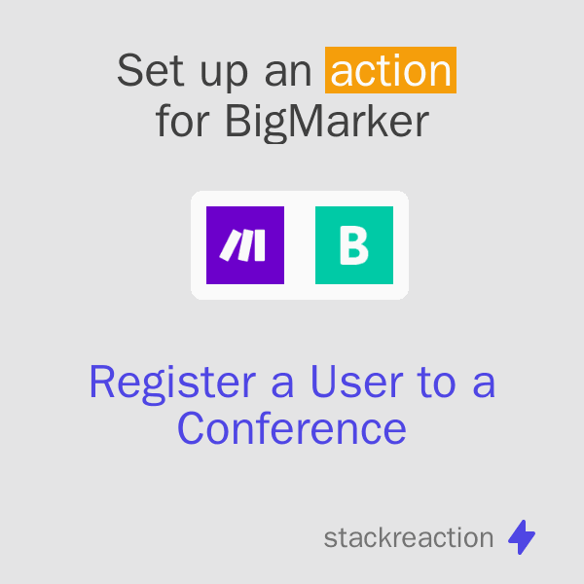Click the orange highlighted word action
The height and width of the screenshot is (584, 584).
click(391, 72)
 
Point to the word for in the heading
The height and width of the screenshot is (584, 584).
click(184, 122)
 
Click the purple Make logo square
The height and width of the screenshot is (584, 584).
click(245, 245)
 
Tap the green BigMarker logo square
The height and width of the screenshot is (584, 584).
click(354, 245)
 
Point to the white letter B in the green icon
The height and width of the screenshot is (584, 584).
click(354, 245)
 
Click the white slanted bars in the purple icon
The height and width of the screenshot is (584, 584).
click(243, 246)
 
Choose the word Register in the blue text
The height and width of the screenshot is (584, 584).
click(173, 383)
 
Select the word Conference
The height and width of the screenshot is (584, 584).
click(292, 428)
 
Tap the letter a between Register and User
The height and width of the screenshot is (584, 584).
click(284, 385)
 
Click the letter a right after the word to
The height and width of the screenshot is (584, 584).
click(484, 385)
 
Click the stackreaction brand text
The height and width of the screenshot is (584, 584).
click(409, 537)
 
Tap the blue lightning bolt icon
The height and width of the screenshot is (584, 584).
click(522, 536)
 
